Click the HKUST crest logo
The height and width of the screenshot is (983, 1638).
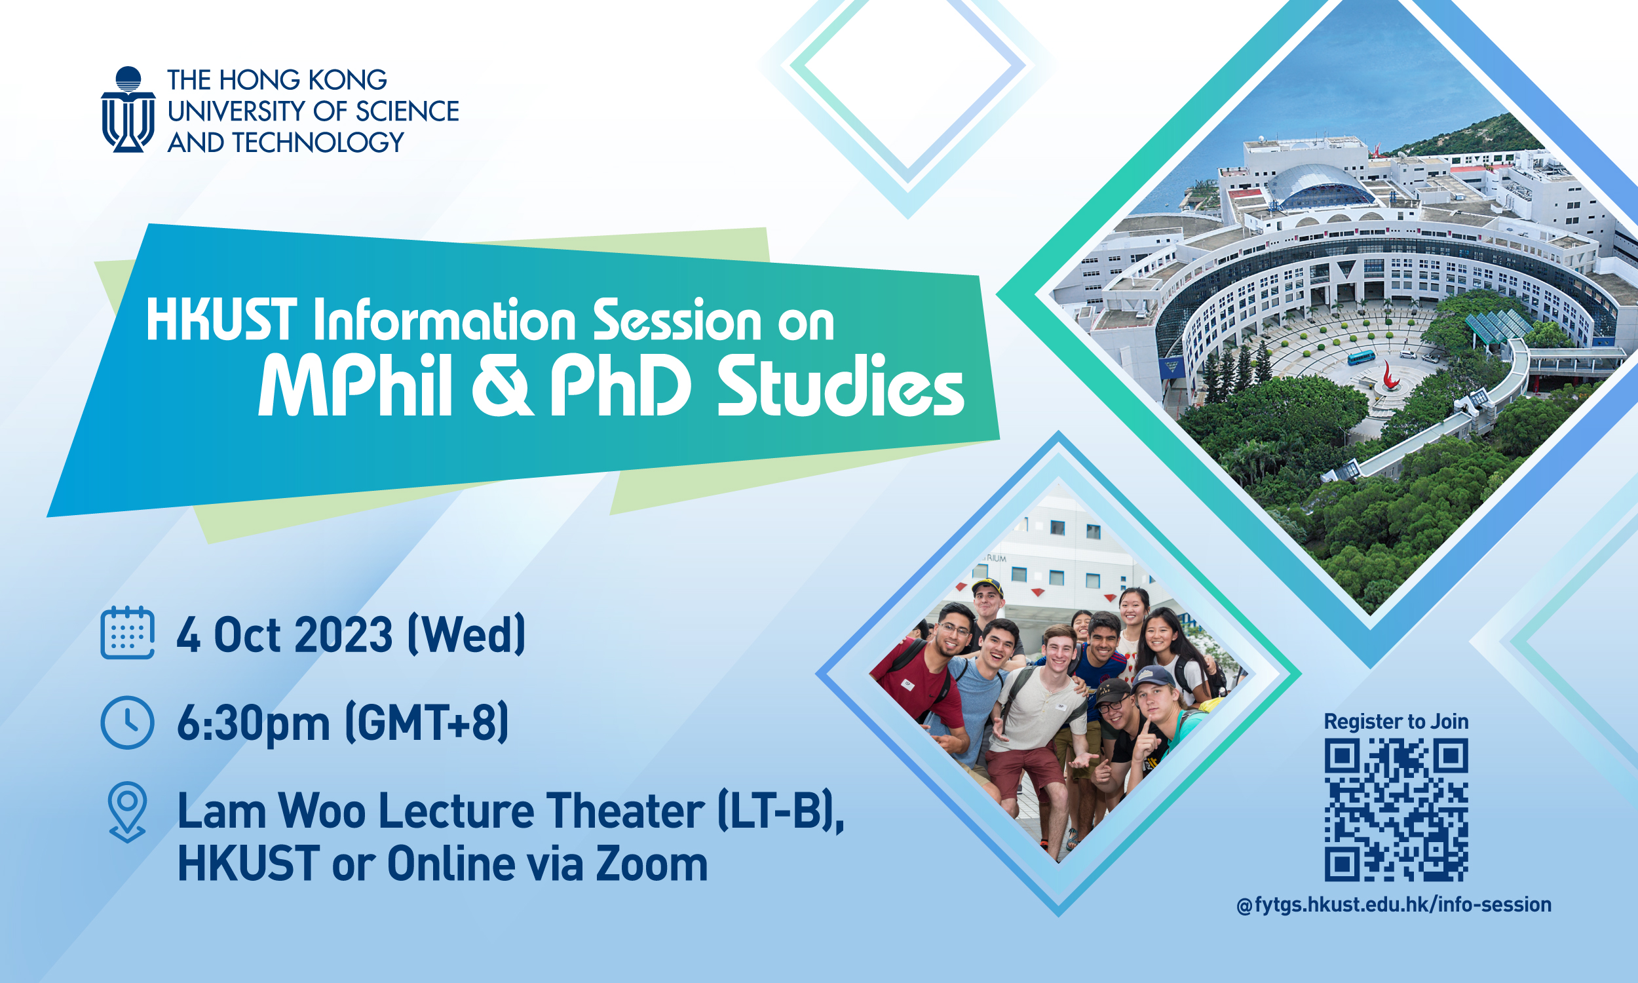128,109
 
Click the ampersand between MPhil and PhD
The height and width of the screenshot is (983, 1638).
501,385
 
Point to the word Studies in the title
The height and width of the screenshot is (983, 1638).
841,386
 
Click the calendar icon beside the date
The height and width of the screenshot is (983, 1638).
127,632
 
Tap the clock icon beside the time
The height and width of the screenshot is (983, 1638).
127,723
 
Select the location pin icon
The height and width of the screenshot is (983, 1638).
127,811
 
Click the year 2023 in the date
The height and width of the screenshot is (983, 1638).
343,634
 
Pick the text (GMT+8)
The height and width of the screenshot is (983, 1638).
428,723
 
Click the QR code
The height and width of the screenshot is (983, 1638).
1396,810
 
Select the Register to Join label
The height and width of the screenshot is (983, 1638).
1396,722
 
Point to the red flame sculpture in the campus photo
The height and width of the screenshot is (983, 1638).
1388,378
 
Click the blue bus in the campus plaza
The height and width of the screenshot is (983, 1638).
1361,358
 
